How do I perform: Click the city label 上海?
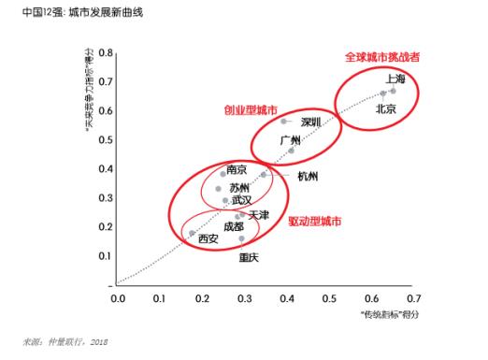395,79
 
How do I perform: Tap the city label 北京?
386,109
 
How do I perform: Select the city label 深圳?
311,122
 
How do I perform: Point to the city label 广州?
291,140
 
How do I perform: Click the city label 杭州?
308,176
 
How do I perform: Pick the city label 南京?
237,170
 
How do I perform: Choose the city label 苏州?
239,188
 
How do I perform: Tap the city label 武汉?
241,200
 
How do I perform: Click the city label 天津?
259,215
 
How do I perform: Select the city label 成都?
234,227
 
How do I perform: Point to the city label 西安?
208,239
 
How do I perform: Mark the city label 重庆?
250,257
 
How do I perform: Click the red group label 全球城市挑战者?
382,57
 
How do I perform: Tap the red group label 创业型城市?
251,109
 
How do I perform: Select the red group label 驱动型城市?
315,223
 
